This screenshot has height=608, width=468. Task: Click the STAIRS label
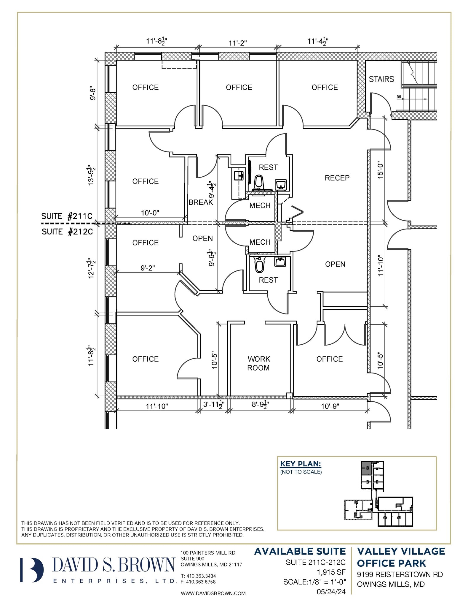coord(381,79)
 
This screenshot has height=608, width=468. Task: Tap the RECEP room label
coord(337,178)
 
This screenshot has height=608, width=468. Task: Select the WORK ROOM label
coord(258,363)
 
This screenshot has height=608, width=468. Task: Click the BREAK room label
coord(201,202)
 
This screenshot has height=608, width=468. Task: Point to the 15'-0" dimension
coord(381,170)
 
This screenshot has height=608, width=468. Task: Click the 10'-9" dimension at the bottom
coord(330,406)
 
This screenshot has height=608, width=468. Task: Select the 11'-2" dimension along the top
coord(237,43)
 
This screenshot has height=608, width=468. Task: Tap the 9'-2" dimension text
coord(148,268)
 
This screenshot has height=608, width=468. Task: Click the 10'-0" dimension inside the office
coord(150,213)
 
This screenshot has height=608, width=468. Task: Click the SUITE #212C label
coord(67,232)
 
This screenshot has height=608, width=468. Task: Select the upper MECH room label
coord(260,205)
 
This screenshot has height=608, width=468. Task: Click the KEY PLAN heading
coord(301,464)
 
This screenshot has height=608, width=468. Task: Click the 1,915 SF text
coord(331,572)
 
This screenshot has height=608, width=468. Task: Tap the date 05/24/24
coord(331,592)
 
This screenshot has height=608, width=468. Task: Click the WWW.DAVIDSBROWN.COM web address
coord(213,593)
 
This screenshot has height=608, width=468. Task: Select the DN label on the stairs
coord(399,97)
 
